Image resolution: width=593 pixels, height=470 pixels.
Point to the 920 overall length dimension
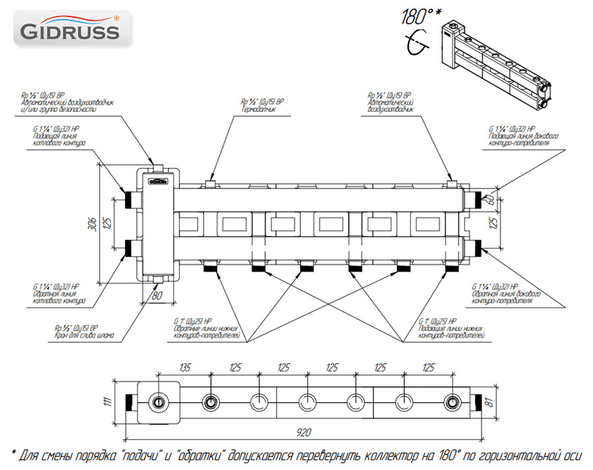(304, 432)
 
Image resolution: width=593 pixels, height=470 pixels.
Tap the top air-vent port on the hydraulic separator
(158, 163)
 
